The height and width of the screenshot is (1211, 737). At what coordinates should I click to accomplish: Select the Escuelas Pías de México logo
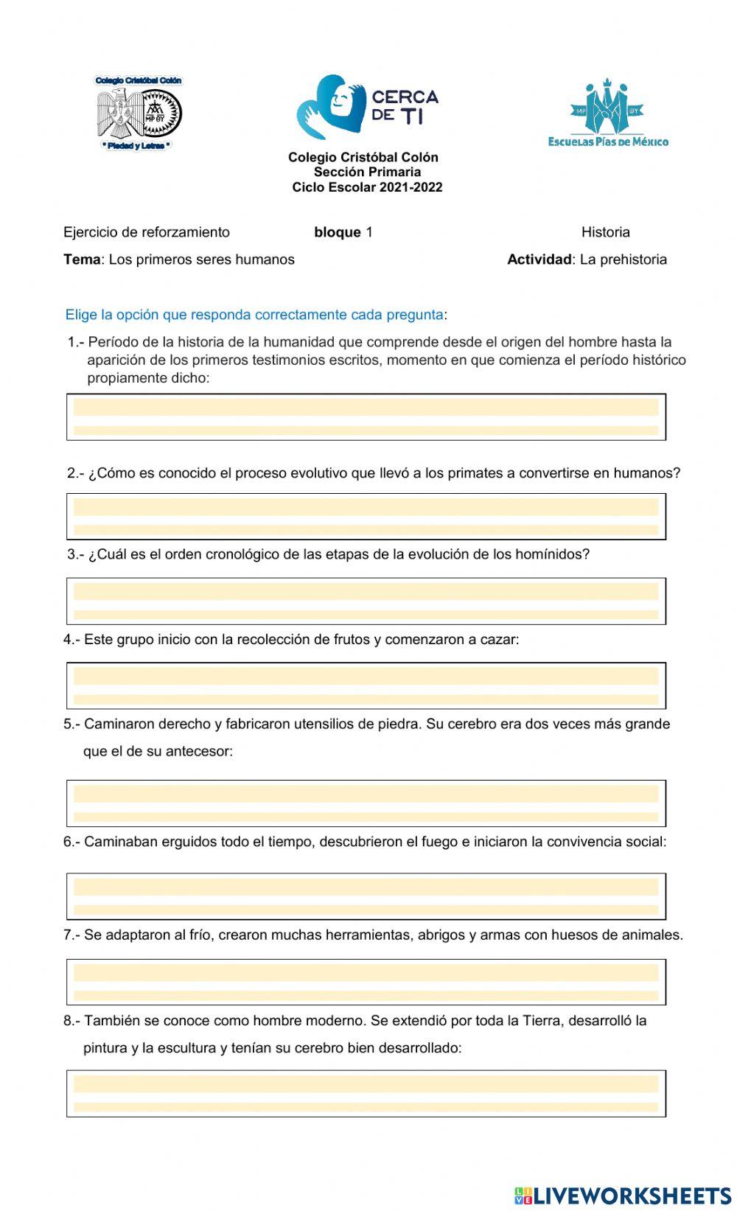point(608,112)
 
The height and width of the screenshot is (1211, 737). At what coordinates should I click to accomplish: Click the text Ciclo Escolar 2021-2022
point(367,187)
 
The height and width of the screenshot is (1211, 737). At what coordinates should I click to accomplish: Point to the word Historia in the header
point(605,232)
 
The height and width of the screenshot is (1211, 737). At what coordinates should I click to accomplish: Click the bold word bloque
point(337,232)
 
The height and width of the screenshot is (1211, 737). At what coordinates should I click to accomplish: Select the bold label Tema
point(81,259)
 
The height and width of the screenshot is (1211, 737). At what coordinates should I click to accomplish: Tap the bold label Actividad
point(539,259)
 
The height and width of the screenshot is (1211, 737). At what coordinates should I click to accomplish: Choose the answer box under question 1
point(366,417)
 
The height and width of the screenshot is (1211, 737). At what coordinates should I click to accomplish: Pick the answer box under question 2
point(366,517)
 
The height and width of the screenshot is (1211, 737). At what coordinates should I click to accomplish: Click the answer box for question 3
point(366,601)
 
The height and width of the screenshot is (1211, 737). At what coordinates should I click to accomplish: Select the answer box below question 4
point(366,685)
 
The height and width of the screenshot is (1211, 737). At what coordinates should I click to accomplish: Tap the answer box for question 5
point(366,803)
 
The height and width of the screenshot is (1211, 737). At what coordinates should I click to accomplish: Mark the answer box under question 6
point(366,896)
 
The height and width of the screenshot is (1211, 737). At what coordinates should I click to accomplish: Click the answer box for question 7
point(366,982)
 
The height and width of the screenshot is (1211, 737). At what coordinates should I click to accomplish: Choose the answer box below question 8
point(366,1094)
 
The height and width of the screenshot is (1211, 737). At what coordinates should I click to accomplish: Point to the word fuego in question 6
point(439,842)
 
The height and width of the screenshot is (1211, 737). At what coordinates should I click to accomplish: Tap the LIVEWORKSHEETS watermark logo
point(623,1195)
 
